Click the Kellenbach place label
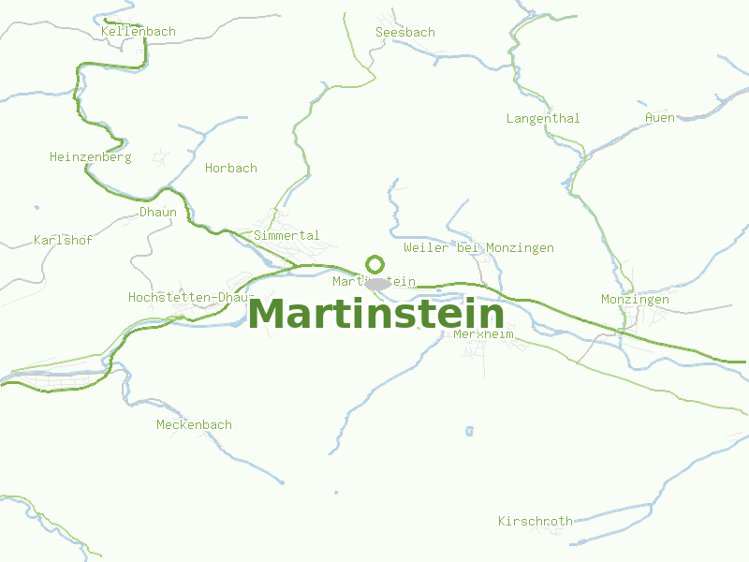coord(138,32)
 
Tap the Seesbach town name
coord(404,32)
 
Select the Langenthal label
coord(542,118)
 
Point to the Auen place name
coord(659,117)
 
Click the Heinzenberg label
coord(90,157)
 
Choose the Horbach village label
coord(230,169)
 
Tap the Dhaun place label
coord(157,213)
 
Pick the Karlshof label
coord(63,241)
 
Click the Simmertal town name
coord(286,236)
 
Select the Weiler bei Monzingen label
coord(478,248)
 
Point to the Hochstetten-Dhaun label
coord(191,298)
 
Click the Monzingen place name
coord(635,300)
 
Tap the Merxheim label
coord(483,334)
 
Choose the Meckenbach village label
coord(194,425)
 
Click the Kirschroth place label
coord(535,521)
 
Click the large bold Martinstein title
coord(375,314)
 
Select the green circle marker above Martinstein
coord(374,264)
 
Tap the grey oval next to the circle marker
coord(377,284)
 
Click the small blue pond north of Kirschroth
coord(469,431)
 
